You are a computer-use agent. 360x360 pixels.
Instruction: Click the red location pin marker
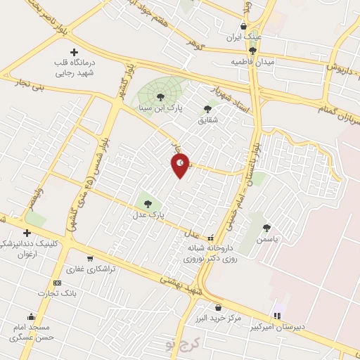point(181,165)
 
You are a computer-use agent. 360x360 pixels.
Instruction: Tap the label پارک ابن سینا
point(179,110)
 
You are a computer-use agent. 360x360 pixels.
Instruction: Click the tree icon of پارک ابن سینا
point(161,97)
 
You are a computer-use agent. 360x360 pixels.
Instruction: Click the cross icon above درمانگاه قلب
point(75,52)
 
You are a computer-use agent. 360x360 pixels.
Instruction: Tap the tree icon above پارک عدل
point(148,204)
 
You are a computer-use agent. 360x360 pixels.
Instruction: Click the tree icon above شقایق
point(207,108)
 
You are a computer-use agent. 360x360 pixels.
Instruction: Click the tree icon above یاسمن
point(266,228)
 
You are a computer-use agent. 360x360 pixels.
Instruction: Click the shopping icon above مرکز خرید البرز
point(218,307)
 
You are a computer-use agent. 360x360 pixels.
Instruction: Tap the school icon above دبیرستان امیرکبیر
point(276,315)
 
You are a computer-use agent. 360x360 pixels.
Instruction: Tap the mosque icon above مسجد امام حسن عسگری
point(30,316)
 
